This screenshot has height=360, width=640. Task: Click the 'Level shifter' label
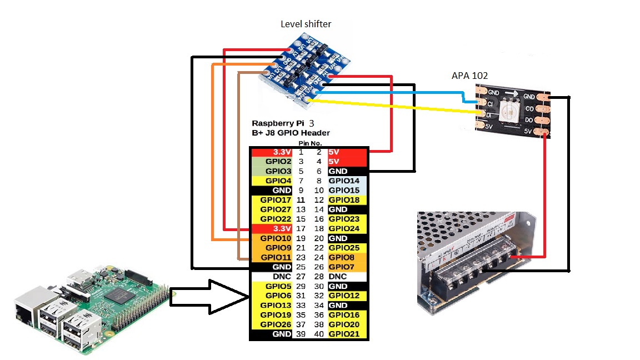(306, 24)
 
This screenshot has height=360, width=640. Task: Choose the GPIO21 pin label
(344, 334)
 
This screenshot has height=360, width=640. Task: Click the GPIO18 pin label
(344, 199)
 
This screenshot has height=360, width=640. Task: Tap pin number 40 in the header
(319, 334)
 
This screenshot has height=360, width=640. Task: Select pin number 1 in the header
(301, 152)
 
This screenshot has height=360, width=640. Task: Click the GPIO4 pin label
(278, 181)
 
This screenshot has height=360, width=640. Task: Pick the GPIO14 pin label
(344, 181)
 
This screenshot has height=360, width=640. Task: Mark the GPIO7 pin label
(342, 267)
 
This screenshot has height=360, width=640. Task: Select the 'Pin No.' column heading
(310, 143)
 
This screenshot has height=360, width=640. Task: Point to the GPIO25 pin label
(344, 248)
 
